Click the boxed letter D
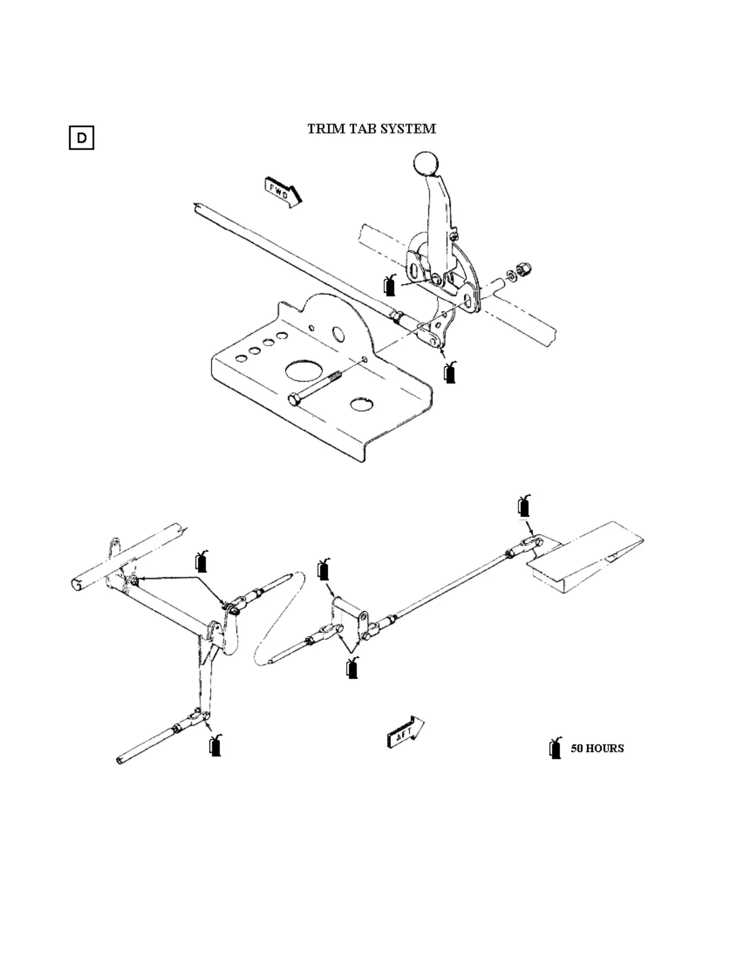pyautogui.click(x=81, y=137)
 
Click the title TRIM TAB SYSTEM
pyautogui.click(x=371, y=129)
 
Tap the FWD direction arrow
pyautogui.click(x=282, y=191)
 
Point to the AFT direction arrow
pyautogui.click(x=405, y=732)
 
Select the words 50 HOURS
pyautogui.click(x=597, y=748)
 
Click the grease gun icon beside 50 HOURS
pyautogui.click(x=556, y=748)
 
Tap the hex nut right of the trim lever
pyautogui.click(x=525, y=268)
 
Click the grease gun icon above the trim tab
pyautogui.click(x=524, y=505)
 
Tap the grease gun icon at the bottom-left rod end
pyautogui.click(x=215, y=745)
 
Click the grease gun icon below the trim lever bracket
pyautogui.click(x=450, y=372)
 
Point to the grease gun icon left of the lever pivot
pyautogui.click(x=390, y=285)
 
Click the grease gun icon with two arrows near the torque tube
pyautogui.click(x=201, y=561)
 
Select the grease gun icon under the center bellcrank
pyautogui.click(x=352, y=667)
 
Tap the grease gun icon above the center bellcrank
pyautogui.click(x=324, y=570)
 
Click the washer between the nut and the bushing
pyautogui.click(x=511, y=274)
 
